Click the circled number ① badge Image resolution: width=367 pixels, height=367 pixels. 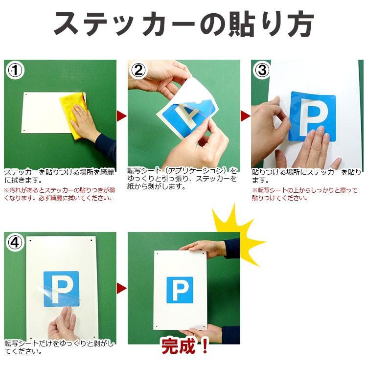(15, 70)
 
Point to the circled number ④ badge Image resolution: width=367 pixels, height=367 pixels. (15, 242)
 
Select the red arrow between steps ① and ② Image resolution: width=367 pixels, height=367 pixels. (121, 116)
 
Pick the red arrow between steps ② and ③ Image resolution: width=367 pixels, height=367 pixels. (245, 116)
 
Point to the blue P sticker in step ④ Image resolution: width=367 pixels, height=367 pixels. (61, 289)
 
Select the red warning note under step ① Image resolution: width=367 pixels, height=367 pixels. (60, 194)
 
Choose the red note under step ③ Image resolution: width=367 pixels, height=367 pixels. (304, 194)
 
